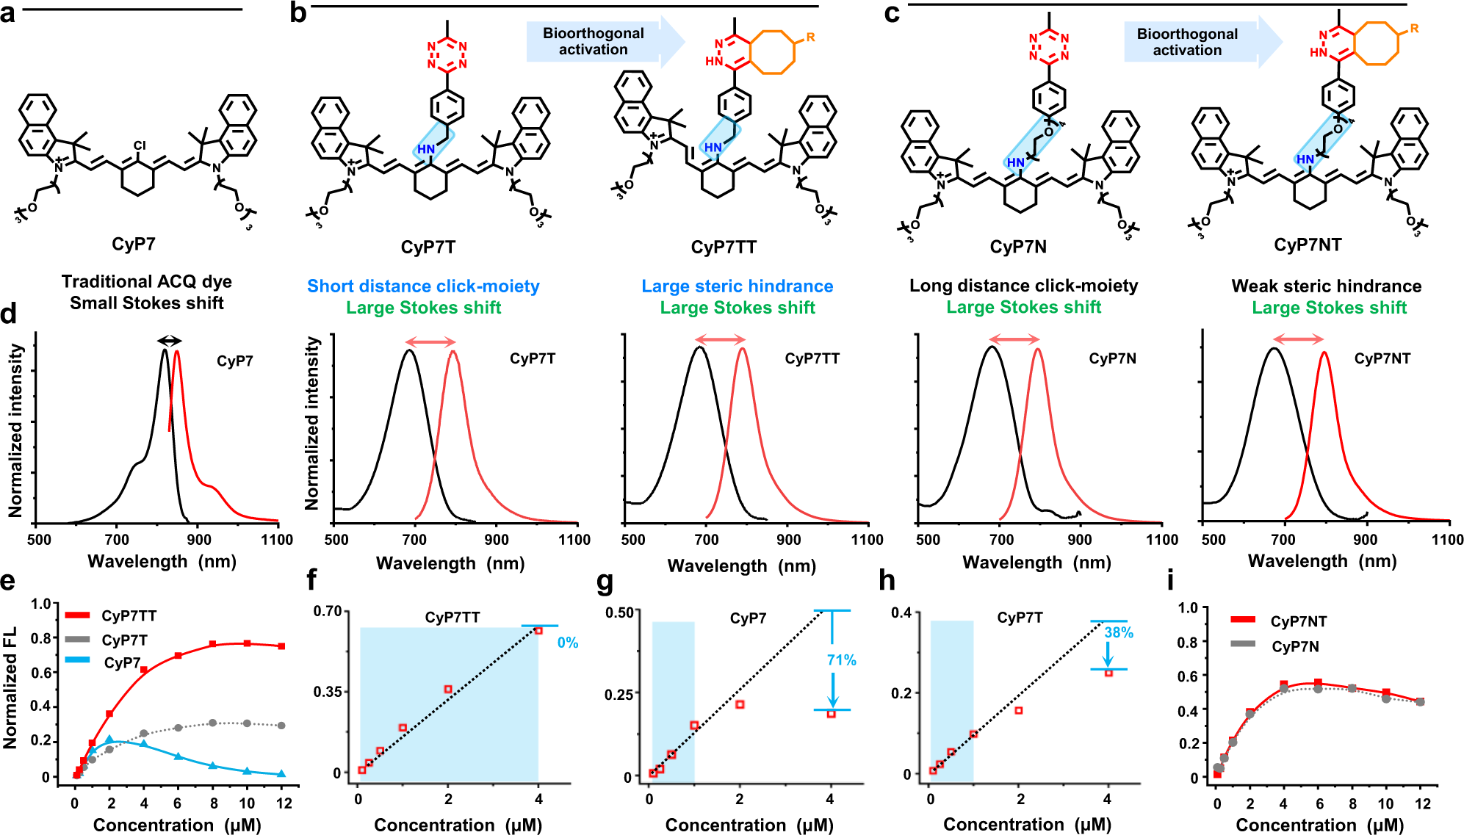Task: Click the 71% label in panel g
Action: click(x=841, y=660)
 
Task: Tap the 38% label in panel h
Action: click(x=1118, y=633)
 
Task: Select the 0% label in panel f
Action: click(x=567, y=643)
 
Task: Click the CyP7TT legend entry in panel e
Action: click(x=129, y=616)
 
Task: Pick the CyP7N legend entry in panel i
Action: click(x=1294, y=647)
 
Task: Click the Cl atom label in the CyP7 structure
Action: click(x=140, y=146)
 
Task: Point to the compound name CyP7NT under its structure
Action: click(x=1308, y=245)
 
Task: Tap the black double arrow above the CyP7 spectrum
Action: click(x=170, y=340)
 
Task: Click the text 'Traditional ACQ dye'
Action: click(x=146, y=282)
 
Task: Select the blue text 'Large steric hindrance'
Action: click(x=737, y=286)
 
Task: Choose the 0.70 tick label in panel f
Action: click(x=328, y=611)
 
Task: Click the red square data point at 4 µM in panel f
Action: click(x=538, y=630)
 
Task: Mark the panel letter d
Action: click(x=8, y=315)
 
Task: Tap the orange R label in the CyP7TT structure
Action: click(x=810, y=37)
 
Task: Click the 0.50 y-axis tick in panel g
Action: click(x=619, y=612)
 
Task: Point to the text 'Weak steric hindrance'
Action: click(x=1326, y=286)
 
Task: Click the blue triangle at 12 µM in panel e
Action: click(x=281, y=773)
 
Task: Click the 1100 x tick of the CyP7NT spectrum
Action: click(x=1446, y=540)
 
